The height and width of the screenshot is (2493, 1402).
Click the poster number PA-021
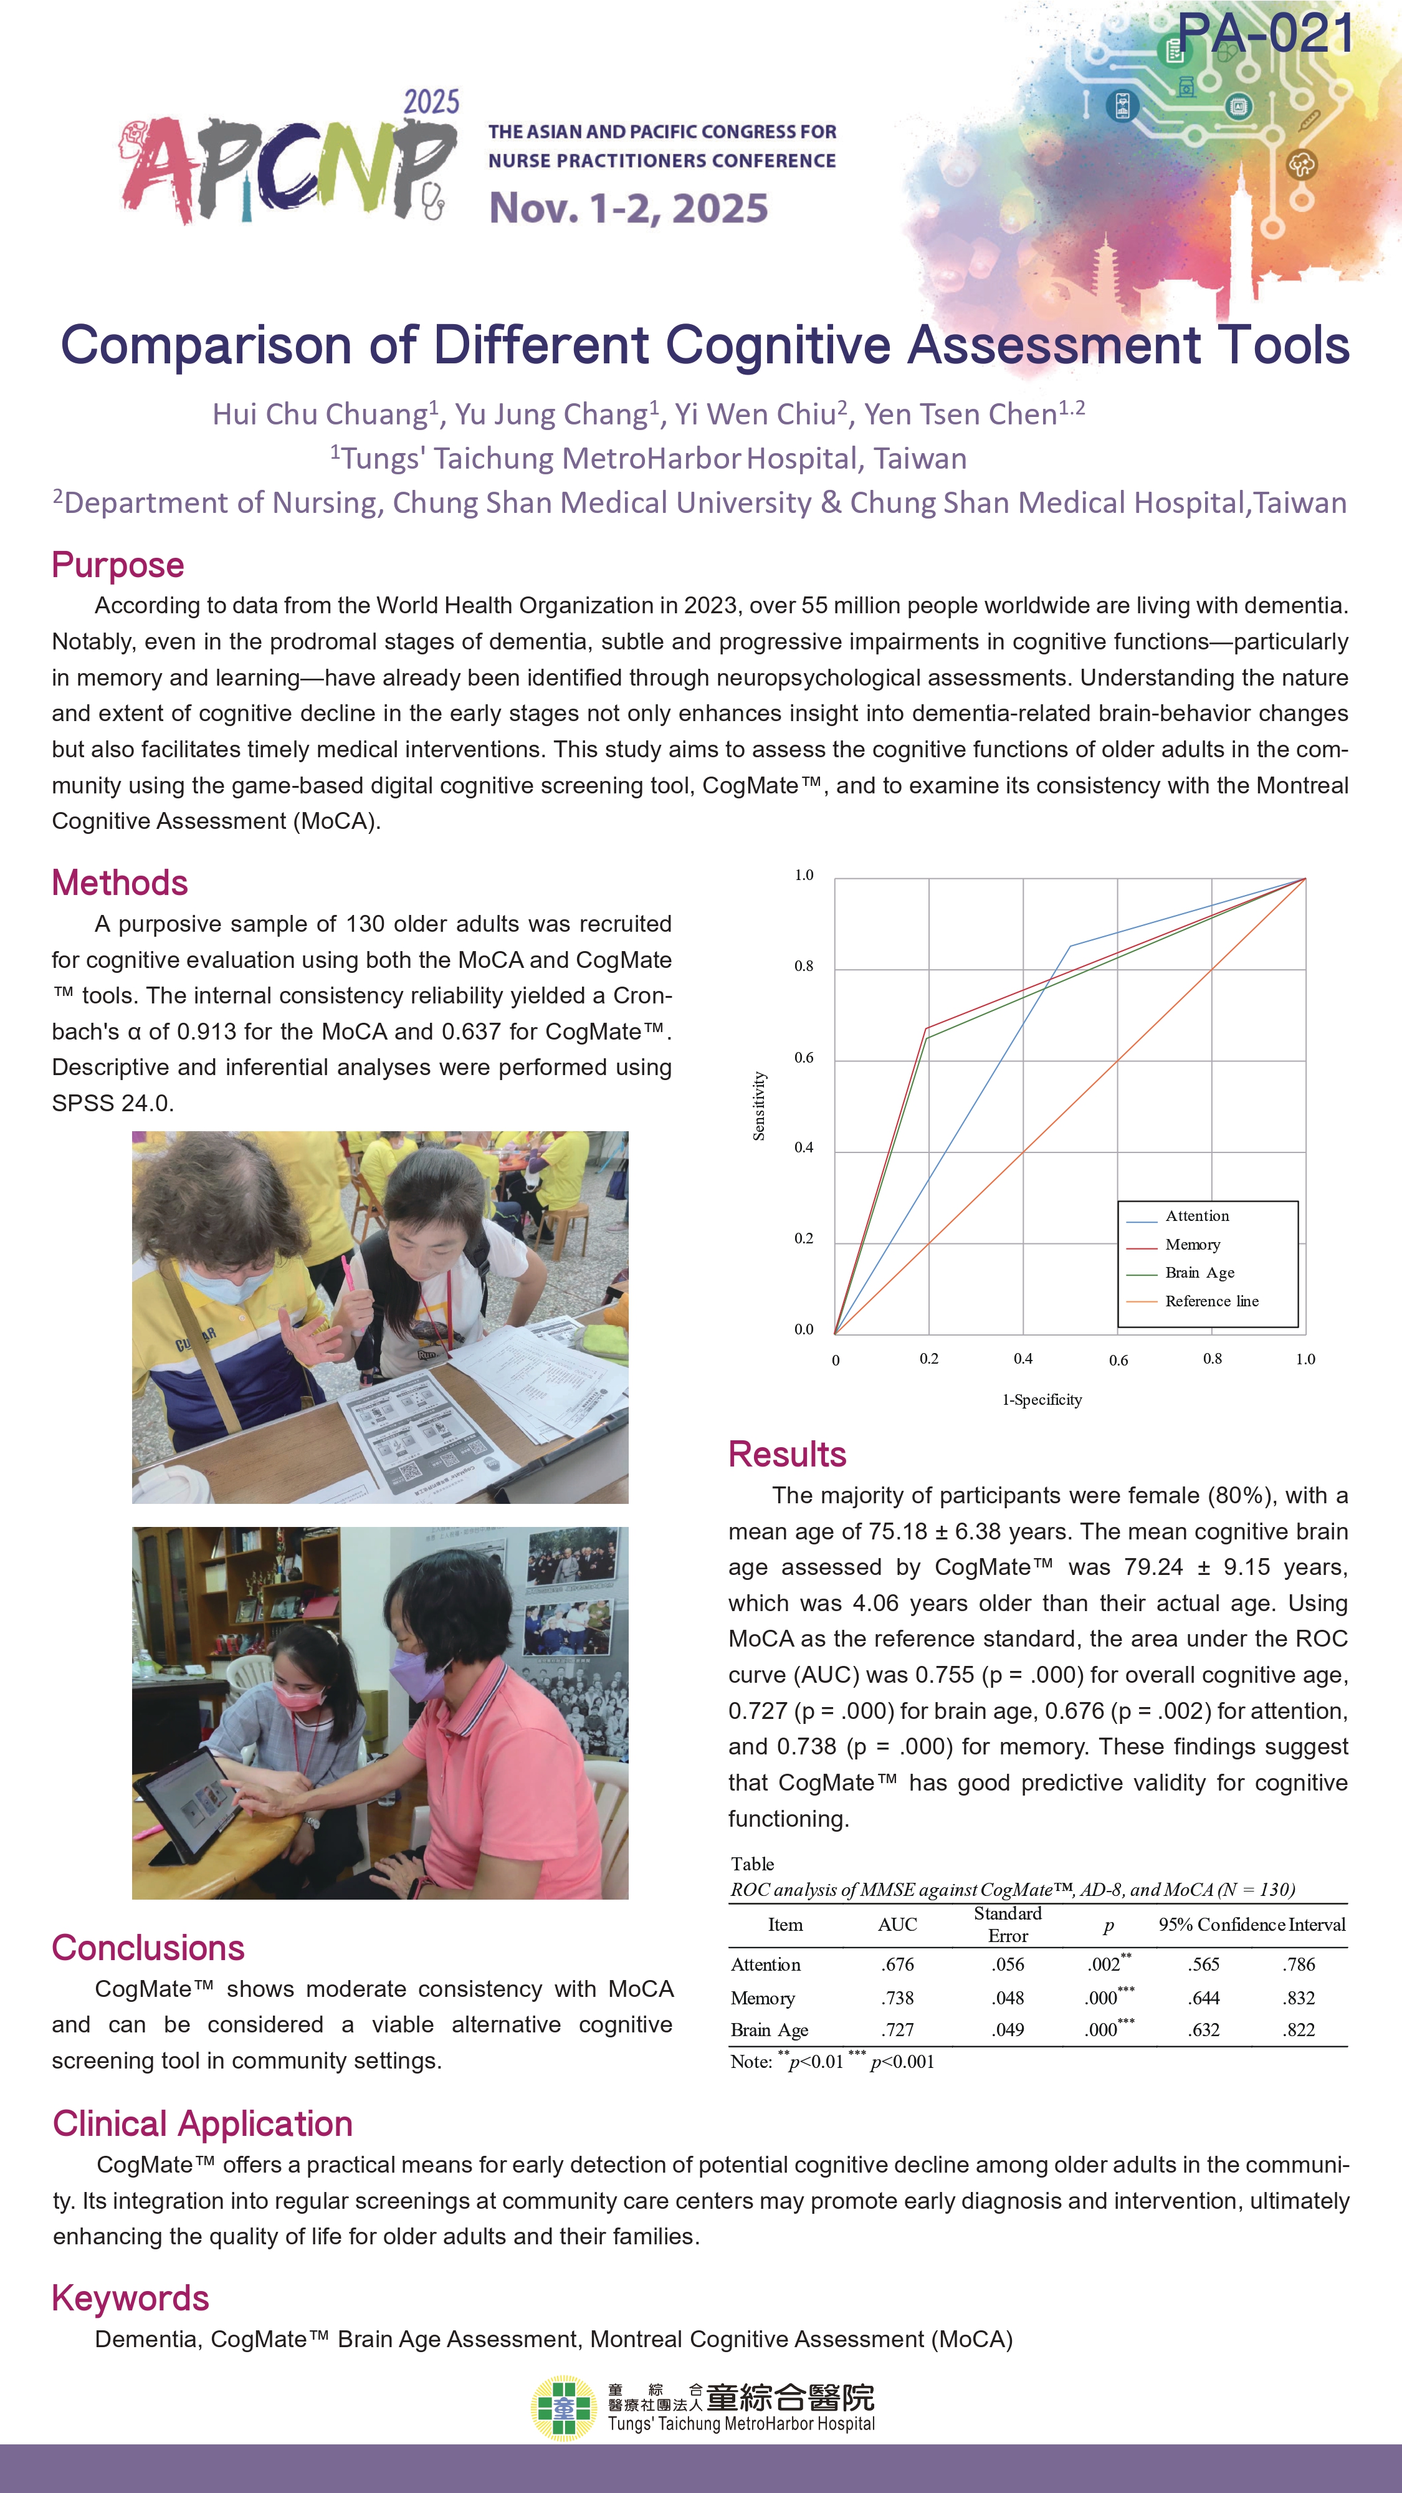pos(1266,34)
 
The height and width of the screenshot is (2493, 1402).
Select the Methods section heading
pos(120,883)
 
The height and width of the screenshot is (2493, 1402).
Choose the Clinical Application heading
pos(203,2124)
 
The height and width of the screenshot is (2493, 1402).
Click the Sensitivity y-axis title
pos(760,1105)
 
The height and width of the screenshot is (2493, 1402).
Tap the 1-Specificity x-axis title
pos(1042,1399)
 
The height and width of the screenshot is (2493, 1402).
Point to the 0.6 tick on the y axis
pos(804,1058)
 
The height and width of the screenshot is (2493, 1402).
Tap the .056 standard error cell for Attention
pos(1007,1964)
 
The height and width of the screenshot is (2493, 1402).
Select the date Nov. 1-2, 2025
pos(628,208)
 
